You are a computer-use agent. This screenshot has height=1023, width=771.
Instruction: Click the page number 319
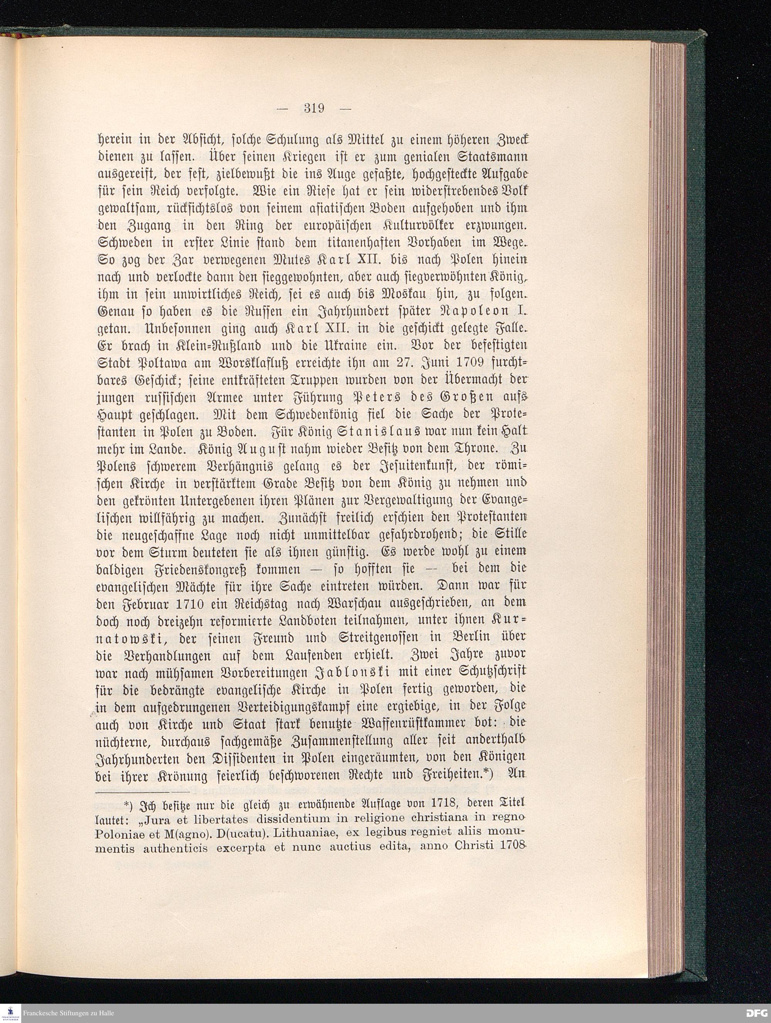314,108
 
